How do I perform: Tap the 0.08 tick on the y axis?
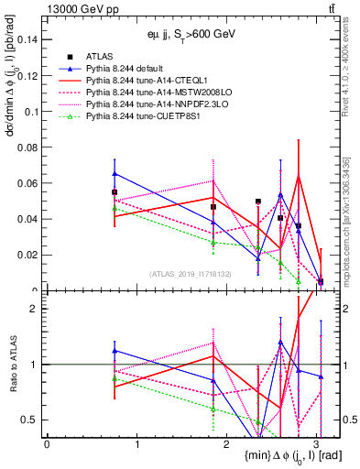(27, 147)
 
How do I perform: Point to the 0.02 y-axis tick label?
(27, 255)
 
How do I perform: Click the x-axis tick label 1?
(136, 443)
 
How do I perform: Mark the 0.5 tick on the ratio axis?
(30, 420)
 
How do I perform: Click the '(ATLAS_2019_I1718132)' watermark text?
(189, 274)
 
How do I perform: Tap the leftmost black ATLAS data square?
(115, 192)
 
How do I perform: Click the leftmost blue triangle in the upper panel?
(115, 173)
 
